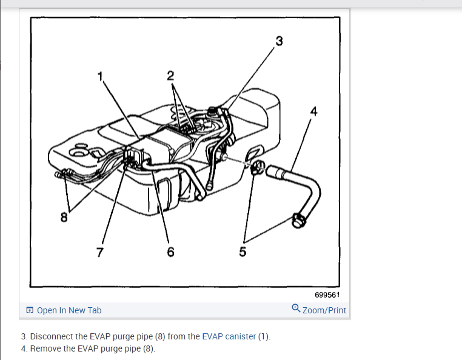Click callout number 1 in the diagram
pyautogui.click(x=101, y=76)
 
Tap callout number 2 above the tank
pyautogui.click(x=170, y=76)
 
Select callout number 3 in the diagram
pyautogui.click(x=279, y=41)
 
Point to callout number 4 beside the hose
pyautogui.click(x=313, y=111)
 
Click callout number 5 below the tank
pyautogui.click(x=243, y=252)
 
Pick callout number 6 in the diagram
pyautogui.click(x=170, y=252)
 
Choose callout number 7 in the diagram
pyautogui.click(x=100, y=252)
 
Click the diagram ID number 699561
pyautogui.click(x=327, y=295)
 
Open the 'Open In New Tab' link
pyautogui.click(x=69, y=310)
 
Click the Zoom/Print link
pyautogui.click(x=324, y=310)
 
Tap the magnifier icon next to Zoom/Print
pyautogui.click(x=295, y=308)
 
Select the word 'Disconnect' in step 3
pyautogui.click(x=52, y=336)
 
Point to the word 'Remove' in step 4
pyautogui.click(x=45, y=348)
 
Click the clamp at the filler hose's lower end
pyautogui.click(x=298, y=219)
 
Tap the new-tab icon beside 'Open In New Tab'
pyautogui.click(x=30, y=310)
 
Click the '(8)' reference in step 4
pyautogui.click(x=149, y=348)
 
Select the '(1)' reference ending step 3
pyautogui.click(x=264, y=336)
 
